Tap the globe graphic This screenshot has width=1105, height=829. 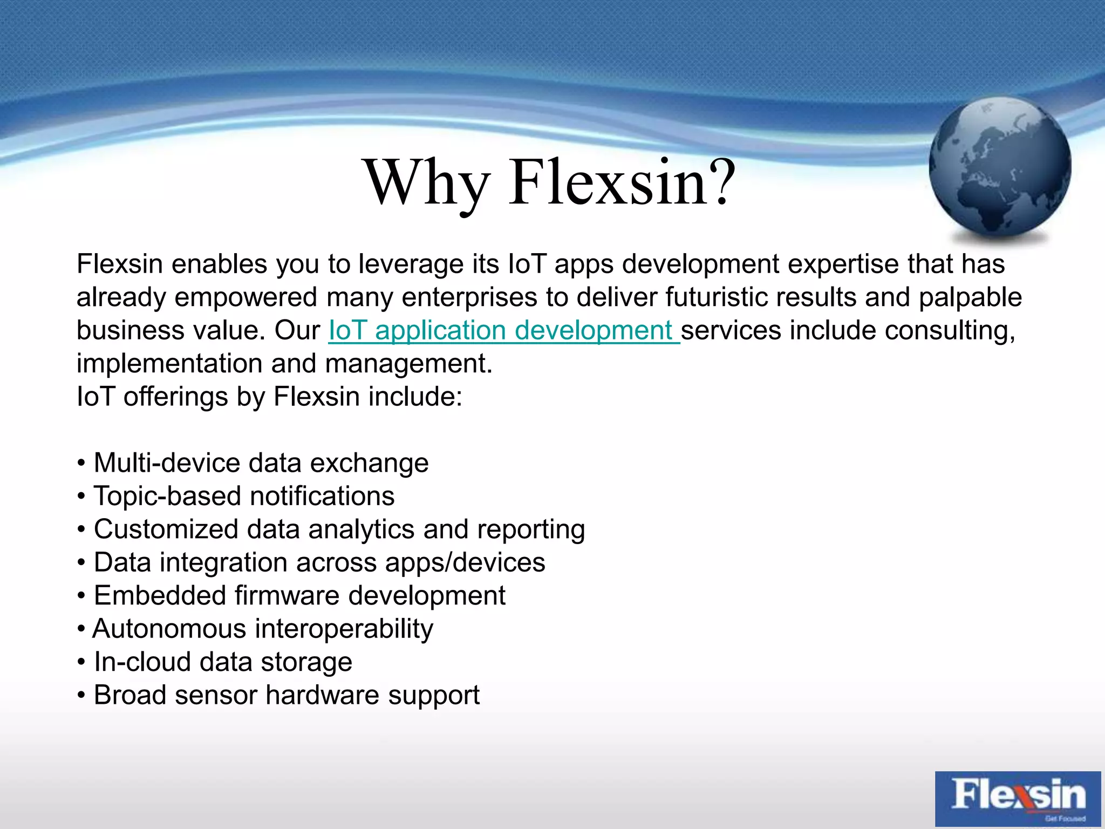pyautogui.click(x=1000, y=168)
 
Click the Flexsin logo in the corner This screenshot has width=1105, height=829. pyautogui.click(x=1018, y=798)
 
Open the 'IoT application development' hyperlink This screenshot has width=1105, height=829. pyautogui.click(x=503, y=330)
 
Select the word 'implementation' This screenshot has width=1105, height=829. pyautogui.click(x=169, y=364)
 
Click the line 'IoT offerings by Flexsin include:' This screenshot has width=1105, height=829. pyautogui.click(x=269, y=397)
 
